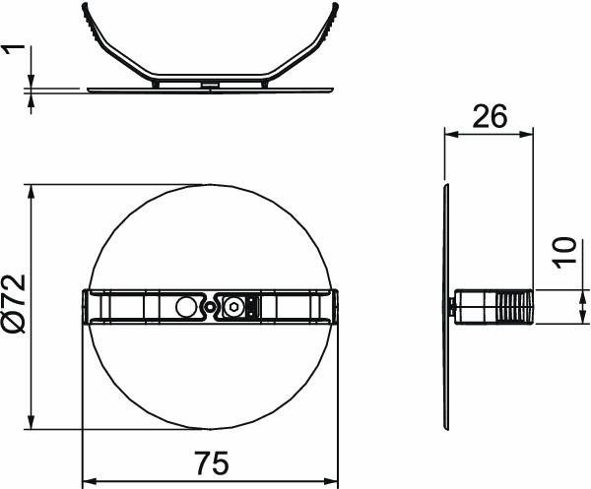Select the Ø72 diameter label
pyautogui.click(x=14, y=305)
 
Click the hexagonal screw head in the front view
pyautogui.click(x=233, y=307)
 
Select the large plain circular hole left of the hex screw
pyautogui.click(x=185, y=307)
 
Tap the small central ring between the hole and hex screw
pyautogui.click(x=209, y=307)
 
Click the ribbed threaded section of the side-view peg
pyautogui.click(x=513, y=307)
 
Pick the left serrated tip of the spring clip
pyautogui.click(x=85, y=15)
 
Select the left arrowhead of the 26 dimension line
pyautogui.click(x=449, y=134)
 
